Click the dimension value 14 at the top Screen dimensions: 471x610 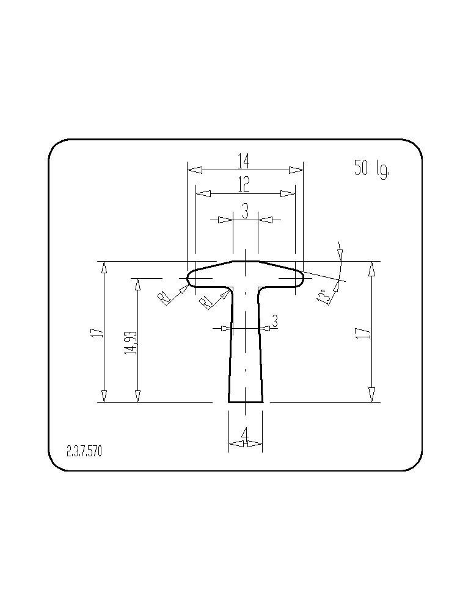tap(244, 161)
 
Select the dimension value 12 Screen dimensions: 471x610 tap(244, 184)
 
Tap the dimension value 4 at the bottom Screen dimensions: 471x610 tap(245, 434)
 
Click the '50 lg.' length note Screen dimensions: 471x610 tap(371, 168)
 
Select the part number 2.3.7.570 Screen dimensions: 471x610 tap(84, 451)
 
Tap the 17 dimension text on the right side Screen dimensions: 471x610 tap(360, 332)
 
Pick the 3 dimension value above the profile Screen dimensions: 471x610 tap(245, 211)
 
